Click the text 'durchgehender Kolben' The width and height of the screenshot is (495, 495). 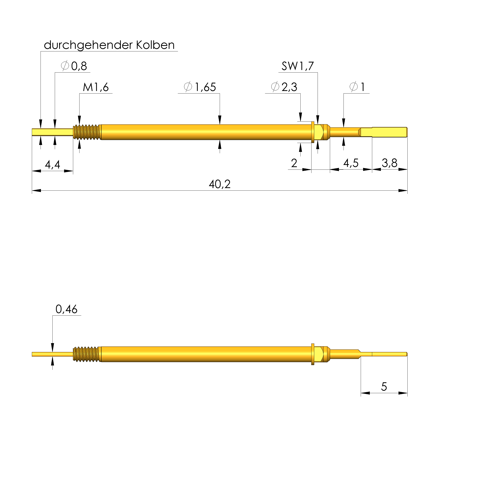coord(109,45)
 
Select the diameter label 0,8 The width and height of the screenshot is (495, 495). coord(74,66)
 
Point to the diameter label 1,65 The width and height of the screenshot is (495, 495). coord(200,87)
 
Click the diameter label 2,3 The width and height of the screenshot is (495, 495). coord(284,87)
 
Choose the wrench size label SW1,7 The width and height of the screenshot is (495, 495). coord(297,66)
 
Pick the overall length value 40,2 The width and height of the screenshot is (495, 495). coord(220,184)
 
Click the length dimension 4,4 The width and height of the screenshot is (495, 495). coord(53,165)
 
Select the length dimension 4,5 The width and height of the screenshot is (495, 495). coord(351,163)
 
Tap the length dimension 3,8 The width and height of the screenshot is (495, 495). coord(389,163)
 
